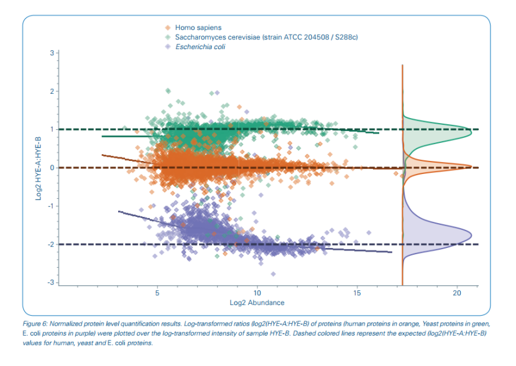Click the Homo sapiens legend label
pos(198,28)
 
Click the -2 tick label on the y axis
pos(51,244)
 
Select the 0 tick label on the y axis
pos(52,168)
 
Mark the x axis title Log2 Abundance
pos(257,303)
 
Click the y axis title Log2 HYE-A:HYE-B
pos(38,167)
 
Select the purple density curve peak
pos(471,235)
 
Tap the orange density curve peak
pos(471,166)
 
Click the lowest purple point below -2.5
pos(272,274)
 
